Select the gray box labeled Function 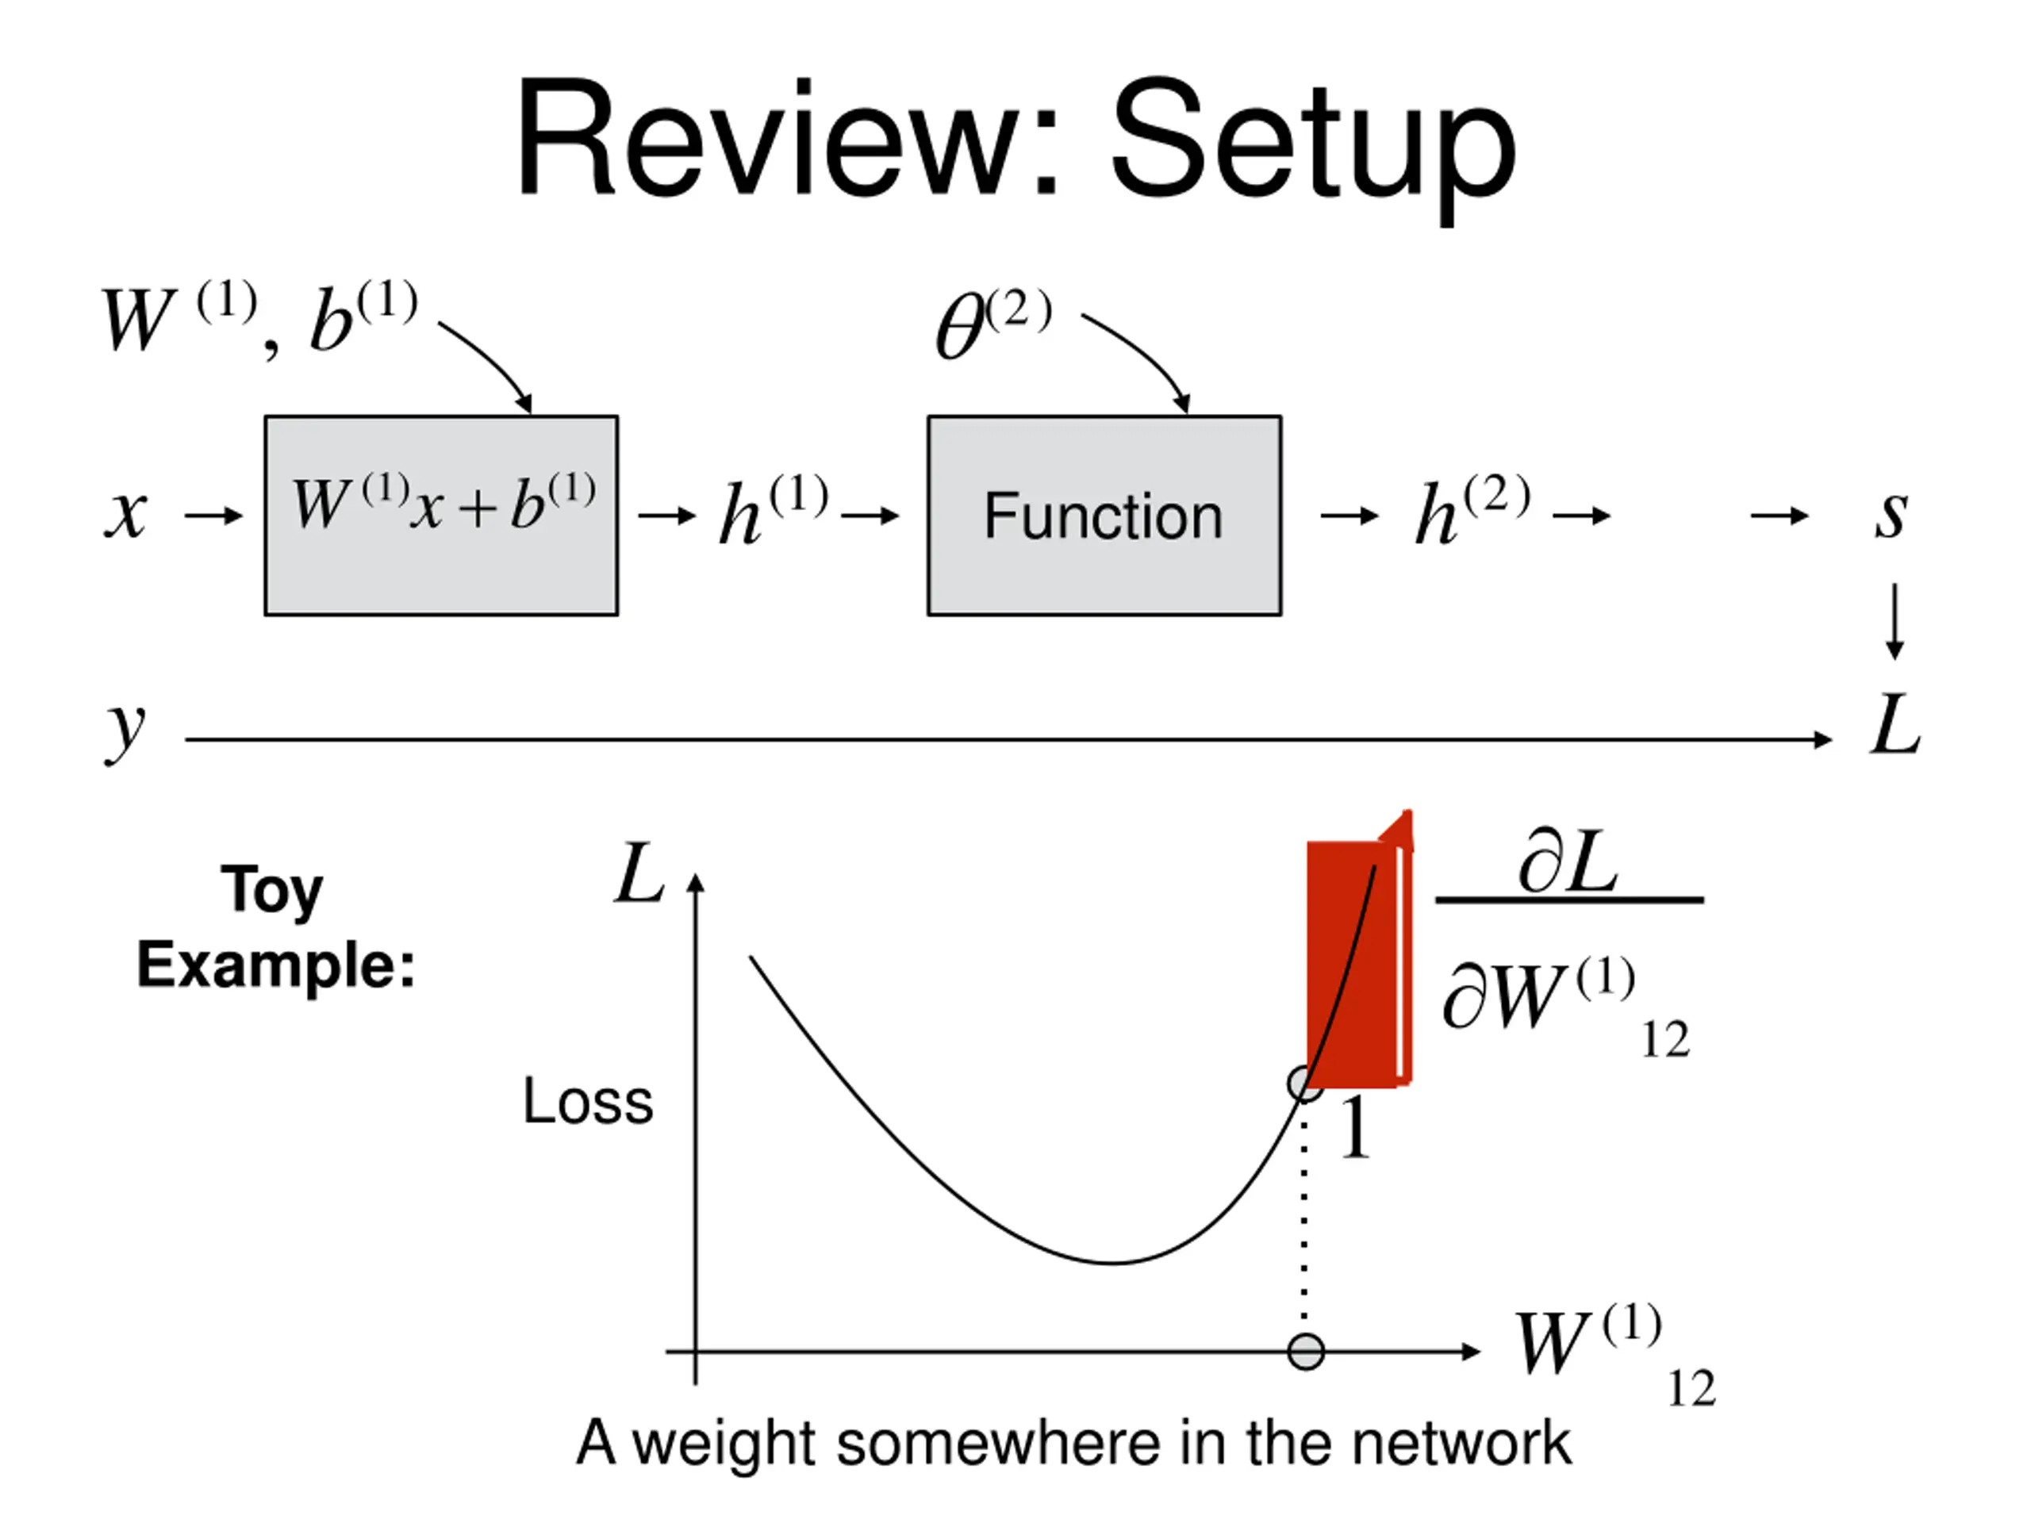pyautogui.click(x=1104, y=515)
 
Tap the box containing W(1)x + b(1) pyautogui.click(x=442, y=515)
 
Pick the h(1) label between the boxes pyautogui.click(x=773, y=510)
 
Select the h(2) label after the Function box pyautogui.click(x=1472, y=510)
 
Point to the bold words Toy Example pyautogui.click(x=275, y=927)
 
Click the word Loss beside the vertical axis pyautogui.click(x=588, y=1101)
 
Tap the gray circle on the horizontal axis pyautogui.click(x=1306, y=1352)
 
